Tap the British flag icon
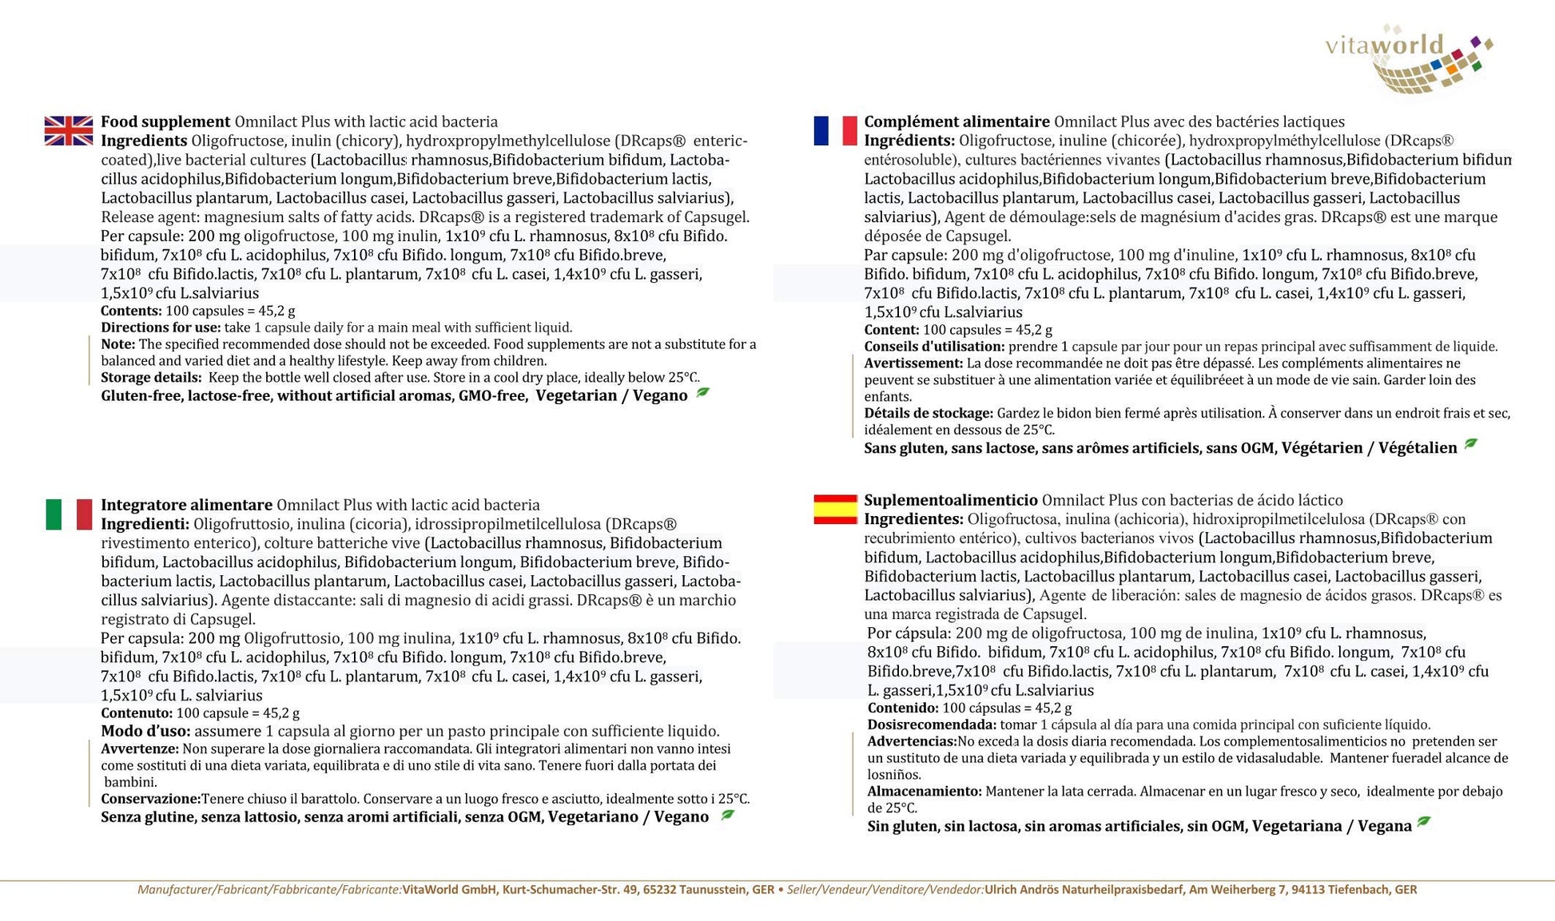click(69, 131)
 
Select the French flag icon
click(835, 131)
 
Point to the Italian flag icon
click(69, 514)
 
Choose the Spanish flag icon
click(835, 510)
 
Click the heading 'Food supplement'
click(165, 122)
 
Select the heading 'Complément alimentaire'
click(956, 122)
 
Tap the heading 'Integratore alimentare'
click(186, 506)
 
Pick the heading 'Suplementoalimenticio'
click(950, 501)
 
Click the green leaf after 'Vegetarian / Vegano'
click(703, 393)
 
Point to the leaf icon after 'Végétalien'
click(1471, 445)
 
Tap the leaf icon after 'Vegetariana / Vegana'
click(1424, 823)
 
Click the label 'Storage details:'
click(151, 378)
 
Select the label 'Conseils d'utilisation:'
click(934, 347)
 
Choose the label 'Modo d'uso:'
click(145, 732)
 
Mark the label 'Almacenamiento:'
click(925, 792)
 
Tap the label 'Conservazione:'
click(150, 799)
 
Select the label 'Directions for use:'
click(161, 328)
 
